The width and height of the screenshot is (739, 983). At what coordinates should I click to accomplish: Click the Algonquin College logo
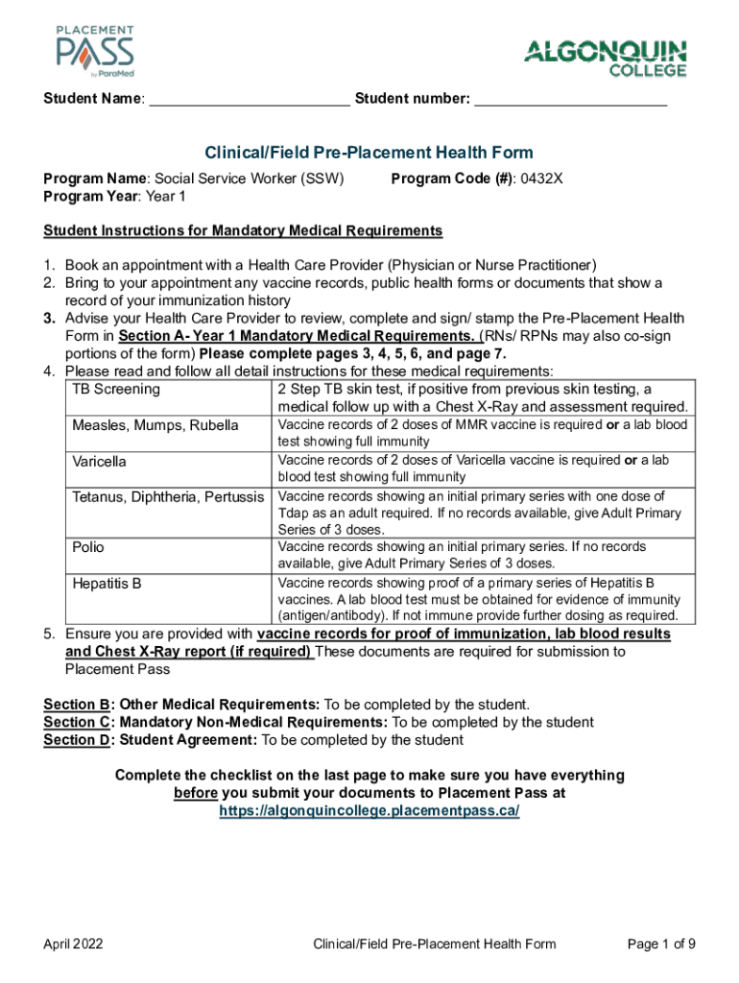point(606,58)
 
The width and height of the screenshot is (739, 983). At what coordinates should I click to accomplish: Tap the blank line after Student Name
point(250,100)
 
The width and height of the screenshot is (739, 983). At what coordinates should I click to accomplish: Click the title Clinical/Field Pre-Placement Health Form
point(369,153)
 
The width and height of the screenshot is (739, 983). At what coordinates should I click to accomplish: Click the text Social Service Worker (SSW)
point(250,178)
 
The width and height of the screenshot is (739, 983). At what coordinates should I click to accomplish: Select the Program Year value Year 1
point(168,196)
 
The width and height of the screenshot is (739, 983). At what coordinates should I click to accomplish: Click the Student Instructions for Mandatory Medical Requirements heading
point(243,230)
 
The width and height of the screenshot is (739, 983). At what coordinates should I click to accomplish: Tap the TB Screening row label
point(116,390)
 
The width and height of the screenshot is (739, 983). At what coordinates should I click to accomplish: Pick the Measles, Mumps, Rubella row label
point(155,425)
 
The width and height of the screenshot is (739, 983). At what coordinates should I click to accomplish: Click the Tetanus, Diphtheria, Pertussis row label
point(169,497)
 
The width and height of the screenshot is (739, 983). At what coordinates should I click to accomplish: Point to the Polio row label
point(88,547)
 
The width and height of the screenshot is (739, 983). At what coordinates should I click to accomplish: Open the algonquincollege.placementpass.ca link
point(369,810)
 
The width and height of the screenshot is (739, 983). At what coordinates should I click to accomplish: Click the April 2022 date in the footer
point(74,945)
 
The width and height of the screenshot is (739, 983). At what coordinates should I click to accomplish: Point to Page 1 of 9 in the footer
point(661,945)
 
